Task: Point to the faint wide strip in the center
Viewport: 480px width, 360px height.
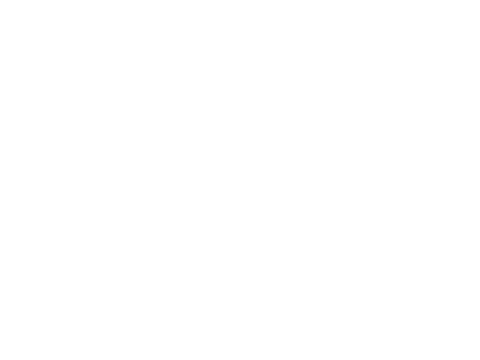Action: click(240, 223)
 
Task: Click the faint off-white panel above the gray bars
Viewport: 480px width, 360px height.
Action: click(414, 108)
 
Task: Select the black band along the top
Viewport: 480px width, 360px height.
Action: click(240, 29)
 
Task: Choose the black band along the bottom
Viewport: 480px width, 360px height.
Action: click(240, 334)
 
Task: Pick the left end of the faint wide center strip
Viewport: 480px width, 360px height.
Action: click(170, 223)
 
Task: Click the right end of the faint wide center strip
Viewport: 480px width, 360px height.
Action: click(310, 223)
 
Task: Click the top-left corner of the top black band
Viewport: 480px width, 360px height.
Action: click(1, 1)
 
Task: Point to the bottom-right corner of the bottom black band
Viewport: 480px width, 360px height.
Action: click(478, 358)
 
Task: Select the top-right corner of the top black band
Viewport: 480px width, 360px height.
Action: click(478, 1)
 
